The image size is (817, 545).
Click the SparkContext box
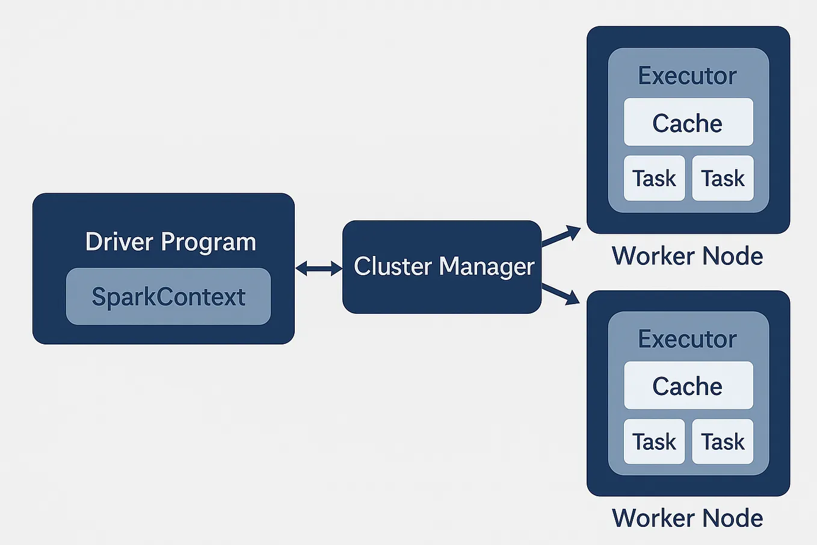[168, 296]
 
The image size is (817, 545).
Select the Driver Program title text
[170, 241]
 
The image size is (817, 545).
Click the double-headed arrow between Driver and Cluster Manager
[318, 268]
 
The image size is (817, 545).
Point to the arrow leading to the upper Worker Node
[561, 235]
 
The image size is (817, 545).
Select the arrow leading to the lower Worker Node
[561, 294]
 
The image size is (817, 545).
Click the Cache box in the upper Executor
[688, 122]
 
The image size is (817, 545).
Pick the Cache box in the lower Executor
[688, 385]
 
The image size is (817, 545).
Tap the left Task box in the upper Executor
[654, 178]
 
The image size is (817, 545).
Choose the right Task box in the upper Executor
[723, 178]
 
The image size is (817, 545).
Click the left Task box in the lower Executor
[654, 441]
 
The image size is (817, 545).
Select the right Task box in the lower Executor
[723, 441]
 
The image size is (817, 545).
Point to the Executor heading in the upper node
[687, 76]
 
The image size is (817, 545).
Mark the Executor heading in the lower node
[687, 339]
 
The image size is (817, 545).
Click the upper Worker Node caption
[687, 256]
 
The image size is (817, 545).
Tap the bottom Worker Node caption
[687, 518]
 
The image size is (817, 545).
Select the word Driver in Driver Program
[120, 241]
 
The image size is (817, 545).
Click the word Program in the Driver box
[208, 242]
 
